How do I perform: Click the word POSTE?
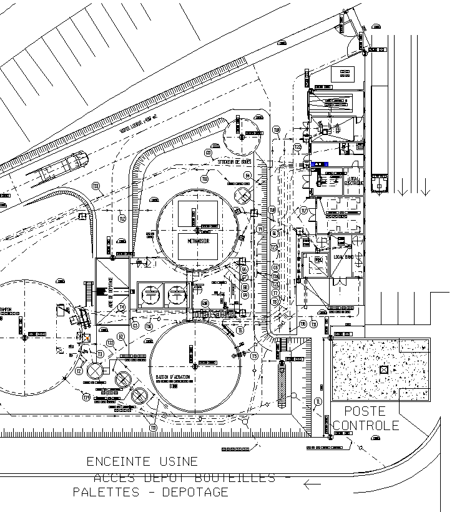click(x=365, y=412)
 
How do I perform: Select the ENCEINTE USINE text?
click(x=142, y=462)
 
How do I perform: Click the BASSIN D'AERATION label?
click(x=172, y=378)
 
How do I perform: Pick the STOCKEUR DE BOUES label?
click(x=234, y=161)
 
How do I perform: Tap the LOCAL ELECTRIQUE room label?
click(x=353, y=182)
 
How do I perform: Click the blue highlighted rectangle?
click(x=318, y=164)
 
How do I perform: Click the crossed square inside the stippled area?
click(x=383, y=369)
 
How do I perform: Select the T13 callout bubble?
click(x=96, y=186)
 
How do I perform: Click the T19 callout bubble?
click(x=86, y=397)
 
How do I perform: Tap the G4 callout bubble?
click(x=247, y=176)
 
